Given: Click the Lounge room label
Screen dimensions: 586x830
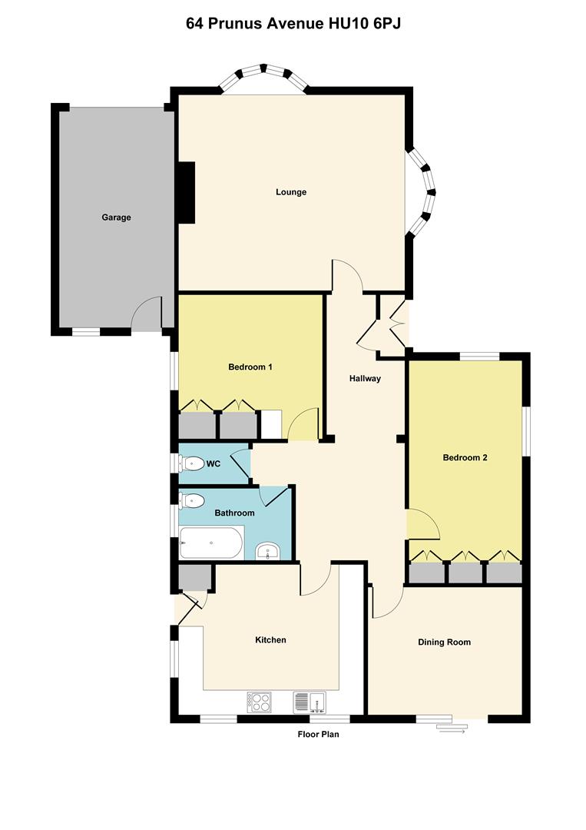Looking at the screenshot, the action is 291,192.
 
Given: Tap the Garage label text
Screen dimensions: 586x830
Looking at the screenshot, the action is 116,217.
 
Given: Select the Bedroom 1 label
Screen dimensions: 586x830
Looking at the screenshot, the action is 250,367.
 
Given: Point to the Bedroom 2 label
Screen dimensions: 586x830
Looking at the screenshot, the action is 465,458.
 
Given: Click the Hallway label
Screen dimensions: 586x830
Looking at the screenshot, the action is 365,379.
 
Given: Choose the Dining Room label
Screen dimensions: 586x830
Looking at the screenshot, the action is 444,642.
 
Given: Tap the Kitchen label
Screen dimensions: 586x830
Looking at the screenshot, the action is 271,640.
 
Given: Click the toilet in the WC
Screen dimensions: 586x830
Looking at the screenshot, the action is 191,464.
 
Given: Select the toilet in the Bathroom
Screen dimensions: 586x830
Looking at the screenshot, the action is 191,501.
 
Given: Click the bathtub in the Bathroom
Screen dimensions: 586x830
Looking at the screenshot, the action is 211,543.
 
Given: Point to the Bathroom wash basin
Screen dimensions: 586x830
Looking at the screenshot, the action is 270,552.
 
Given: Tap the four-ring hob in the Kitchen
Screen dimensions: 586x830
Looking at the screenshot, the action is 259,702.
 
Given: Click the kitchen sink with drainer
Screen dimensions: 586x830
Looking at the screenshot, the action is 310,702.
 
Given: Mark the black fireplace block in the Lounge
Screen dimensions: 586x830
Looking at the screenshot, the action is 186,193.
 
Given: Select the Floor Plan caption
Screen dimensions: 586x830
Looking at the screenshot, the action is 319,734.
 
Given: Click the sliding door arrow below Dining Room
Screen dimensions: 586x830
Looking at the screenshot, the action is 451,731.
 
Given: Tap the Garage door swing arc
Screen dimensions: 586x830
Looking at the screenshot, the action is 142,307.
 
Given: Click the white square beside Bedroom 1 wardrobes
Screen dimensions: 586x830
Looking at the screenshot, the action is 271,424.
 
